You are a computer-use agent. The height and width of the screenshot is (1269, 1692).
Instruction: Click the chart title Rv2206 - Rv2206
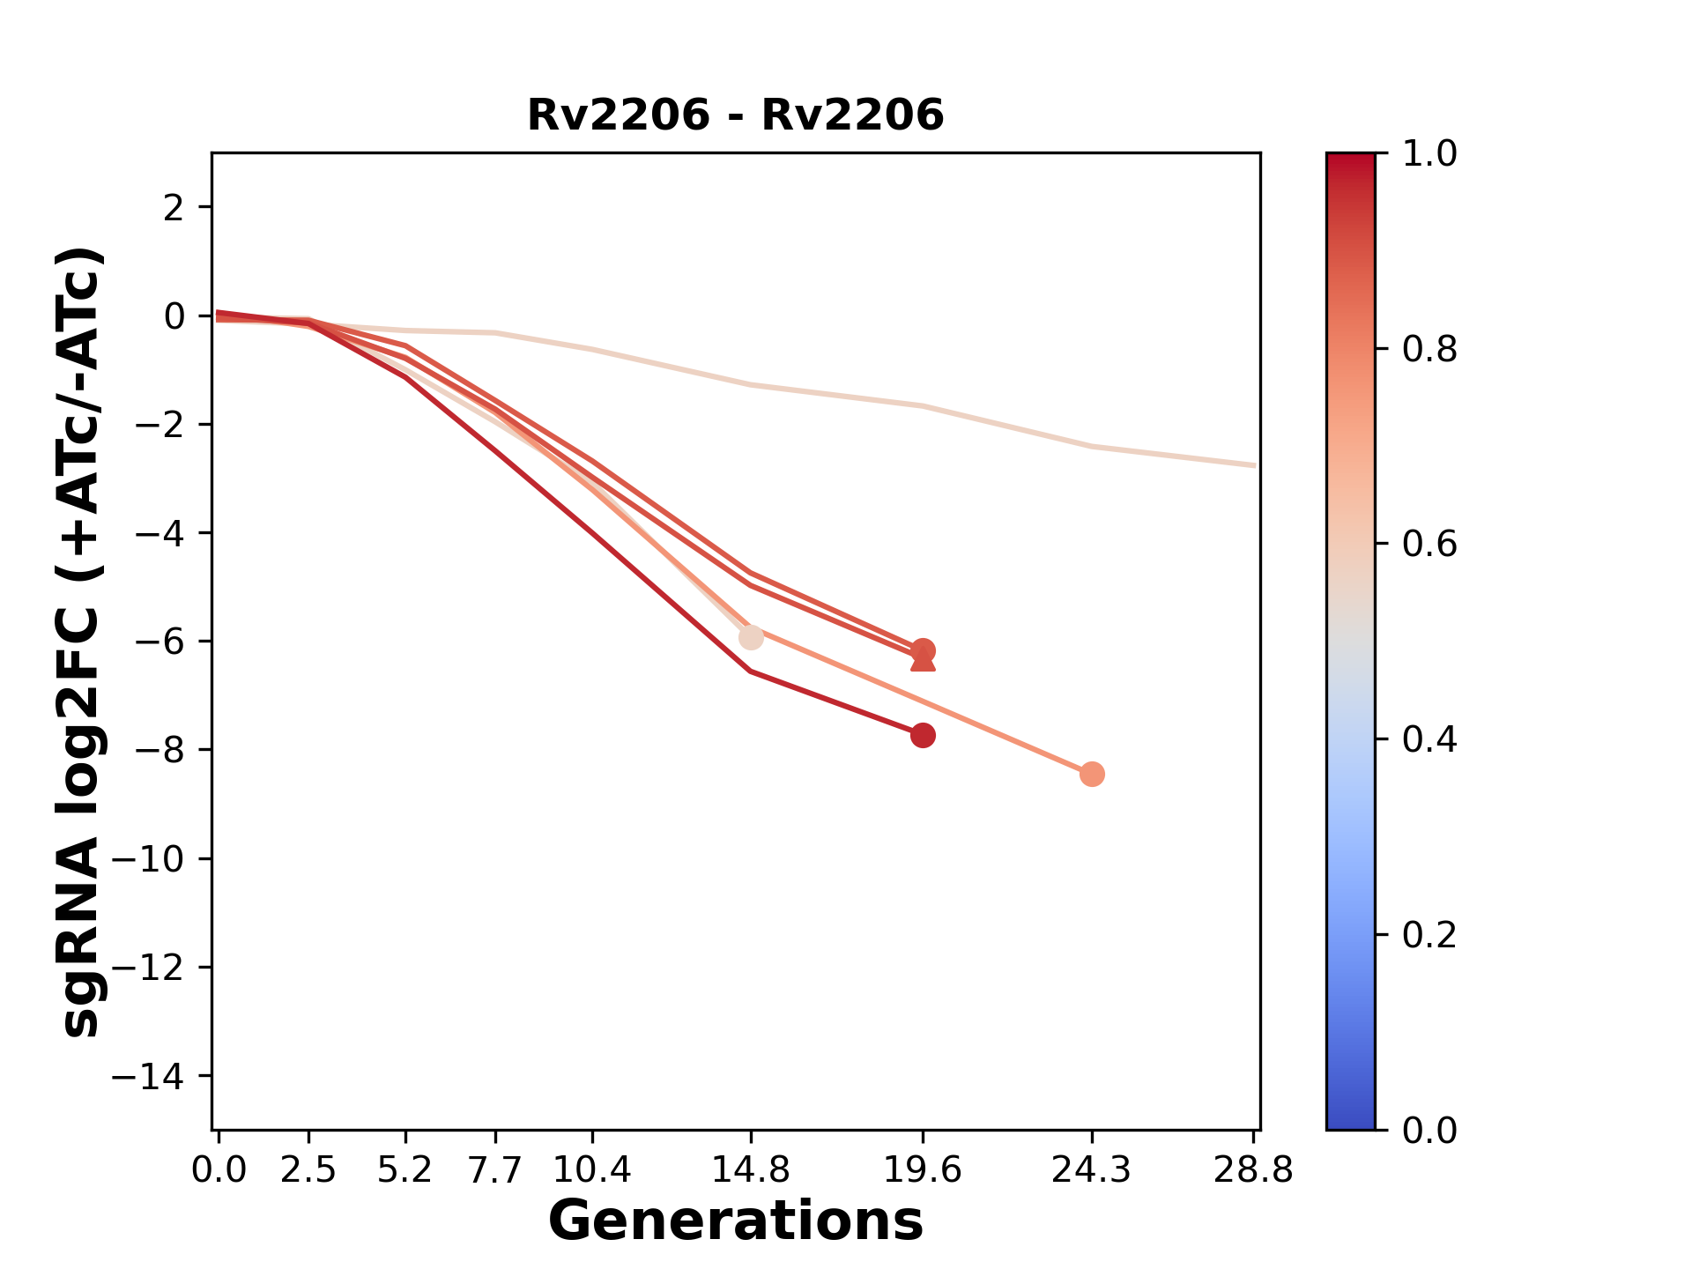click(735, 115)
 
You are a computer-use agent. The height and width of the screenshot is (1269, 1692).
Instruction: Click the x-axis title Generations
click(735, 1221)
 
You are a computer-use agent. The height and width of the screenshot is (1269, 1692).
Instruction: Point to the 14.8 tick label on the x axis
click(750, 1170)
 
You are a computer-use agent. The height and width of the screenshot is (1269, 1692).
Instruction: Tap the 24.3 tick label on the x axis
click(1091, 1170)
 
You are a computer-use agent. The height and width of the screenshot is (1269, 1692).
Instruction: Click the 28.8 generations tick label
click(1253, 1170)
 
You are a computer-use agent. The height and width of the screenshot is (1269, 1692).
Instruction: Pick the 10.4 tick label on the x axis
click(591, 1170)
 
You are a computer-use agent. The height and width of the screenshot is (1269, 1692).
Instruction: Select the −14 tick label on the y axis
click(159, 1076)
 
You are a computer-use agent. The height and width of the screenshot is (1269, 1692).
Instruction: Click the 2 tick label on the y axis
click(174, 208)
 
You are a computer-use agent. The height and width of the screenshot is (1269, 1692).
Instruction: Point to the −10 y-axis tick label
click(159, 859)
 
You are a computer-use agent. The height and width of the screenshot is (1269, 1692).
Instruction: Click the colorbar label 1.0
click(1429, 154)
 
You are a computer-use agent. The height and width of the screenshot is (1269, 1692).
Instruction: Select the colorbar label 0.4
click(1429, 739)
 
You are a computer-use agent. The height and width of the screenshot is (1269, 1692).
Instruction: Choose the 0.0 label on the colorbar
click(1429, 1130)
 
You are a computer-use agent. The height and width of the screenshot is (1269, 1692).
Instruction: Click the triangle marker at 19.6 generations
click(923, 661)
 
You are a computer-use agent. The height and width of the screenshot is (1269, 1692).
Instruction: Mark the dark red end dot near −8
click(923, 735)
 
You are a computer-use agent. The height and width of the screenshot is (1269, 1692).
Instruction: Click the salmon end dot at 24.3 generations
click(1092, 775)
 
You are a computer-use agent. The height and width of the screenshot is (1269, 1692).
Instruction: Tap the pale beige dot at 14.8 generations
click(751, 637)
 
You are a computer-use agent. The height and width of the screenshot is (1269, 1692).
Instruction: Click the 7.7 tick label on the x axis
click(496, 1170)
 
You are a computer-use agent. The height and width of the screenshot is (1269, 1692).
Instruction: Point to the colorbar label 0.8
click(1429, 350)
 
